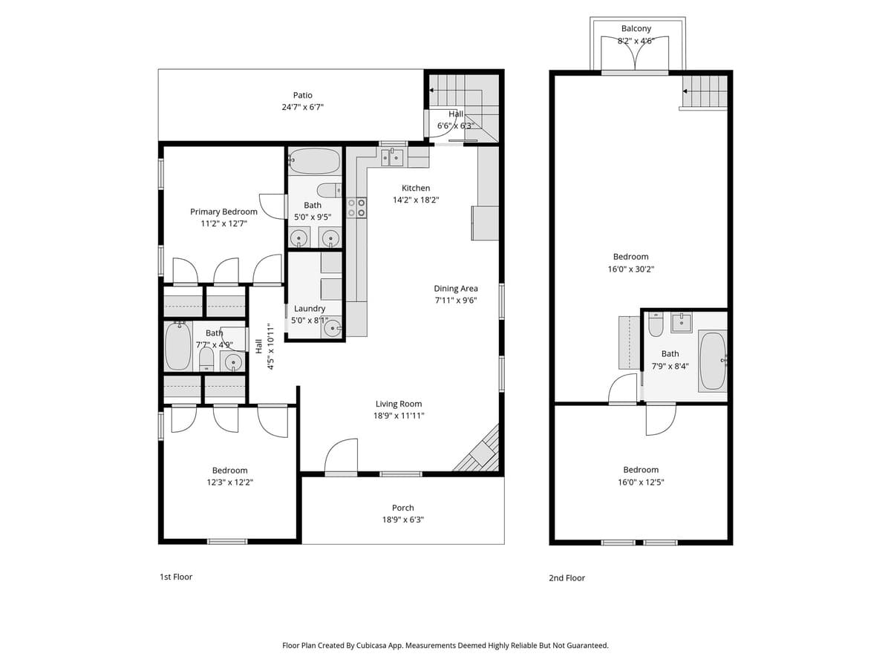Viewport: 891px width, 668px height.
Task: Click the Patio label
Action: (302, 95)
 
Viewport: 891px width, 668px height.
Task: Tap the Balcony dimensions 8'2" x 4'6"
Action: (636, 42)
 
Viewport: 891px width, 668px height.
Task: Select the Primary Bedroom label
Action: (223, 212)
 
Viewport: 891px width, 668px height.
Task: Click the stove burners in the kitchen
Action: (356, 207)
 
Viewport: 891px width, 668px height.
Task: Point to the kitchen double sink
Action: (392, 157)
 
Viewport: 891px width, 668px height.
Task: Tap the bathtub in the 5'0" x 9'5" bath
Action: (314, 160)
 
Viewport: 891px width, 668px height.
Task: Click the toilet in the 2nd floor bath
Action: (656, 324)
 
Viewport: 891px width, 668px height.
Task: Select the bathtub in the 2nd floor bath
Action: (713, 361)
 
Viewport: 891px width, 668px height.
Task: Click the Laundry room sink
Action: (331, 327)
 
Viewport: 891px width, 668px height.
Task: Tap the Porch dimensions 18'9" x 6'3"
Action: (403, 520)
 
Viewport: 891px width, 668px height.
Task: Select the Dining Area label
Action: (456, 288)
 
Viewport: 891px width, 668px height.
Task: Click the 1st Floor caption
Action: (176, 577)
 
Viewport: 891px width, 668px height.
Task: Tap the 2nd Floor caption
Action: (567, 577)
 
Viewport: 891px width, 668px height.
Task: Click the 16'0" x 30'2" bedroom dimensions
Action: (630, 269)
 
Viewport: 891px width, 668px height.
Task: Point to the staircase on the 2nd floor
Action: (705, 92)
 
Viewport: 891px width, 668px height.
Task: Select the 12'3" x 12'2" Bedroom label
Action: (229, 470)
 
